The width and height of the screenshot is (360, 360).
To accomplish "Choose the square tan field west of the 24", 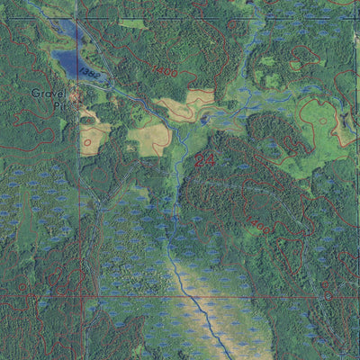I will tap(149, 137).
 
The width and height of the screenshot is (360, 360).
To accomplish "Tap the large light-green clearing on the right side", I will tap(310, 135).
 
